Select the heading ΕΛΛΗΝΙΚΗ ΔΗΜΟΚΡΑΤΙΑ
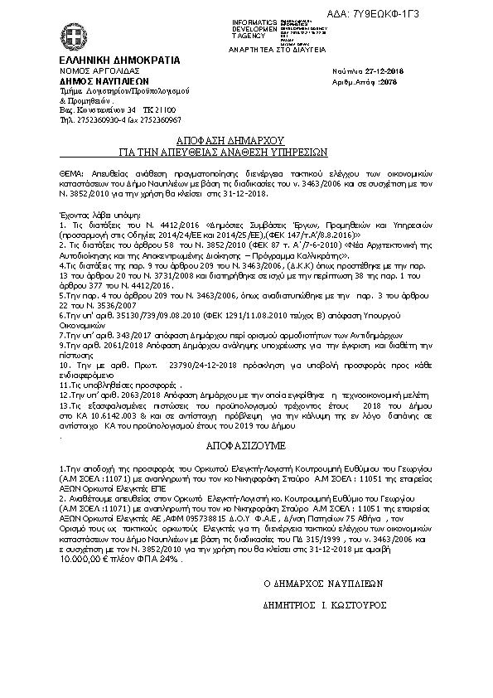(107, 61)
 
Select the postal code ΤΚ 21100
(159, 109)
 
